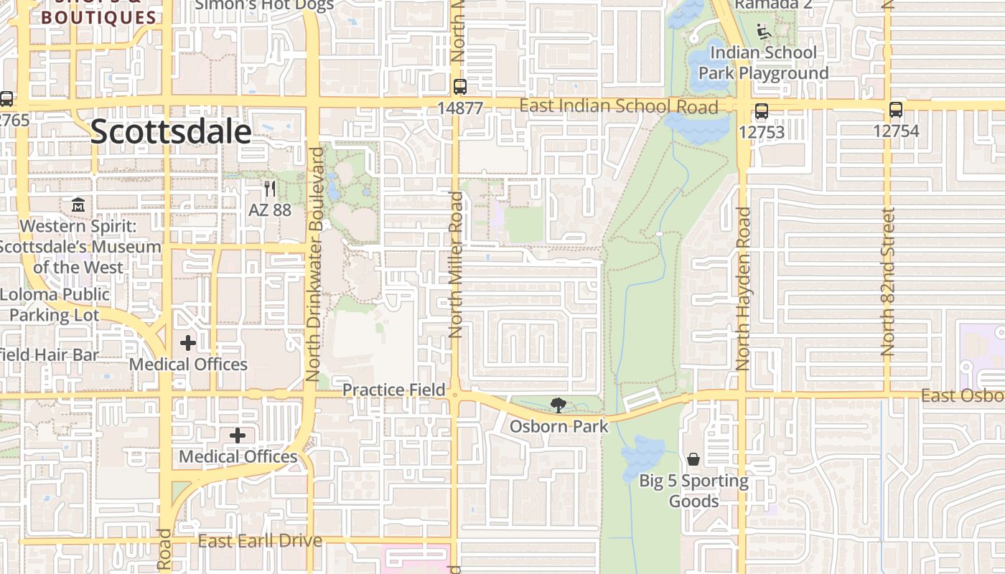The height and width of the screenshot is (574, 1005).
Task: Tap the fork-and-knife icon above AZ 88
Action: coord(270,189)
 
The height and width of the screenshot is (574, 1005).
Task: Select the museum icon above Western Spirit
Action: coord(78,205)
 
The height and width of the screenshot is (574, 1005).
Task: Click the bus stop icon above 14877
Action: coord(460,87)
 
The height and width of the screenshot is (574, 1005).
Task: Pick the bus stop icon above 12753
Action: coord(761,111)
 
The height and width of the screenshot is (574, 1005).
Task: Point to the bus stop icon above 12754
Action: coord(895,110)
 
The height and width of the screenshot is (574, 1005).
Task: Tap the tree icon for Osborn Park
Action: coord(558,405)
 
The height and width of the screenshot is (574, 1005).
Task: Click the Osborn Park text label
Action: coord(558,426)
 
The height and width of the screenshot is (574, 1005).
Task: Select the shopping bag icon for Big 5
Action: coord(693,459)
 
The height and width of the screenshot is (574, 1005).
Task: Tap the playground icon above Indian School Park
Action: coord(764,32)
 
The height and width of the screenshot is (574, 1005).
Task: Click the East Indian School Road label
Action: coord(618,106)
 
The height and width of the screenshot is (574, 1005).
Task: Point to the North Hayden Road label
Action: coord(743,288)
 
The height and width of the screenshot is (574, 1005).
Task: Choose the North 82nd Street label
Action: coord(888,282)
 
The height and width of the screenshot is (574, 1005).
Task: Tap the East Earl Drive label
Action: coord(260,540)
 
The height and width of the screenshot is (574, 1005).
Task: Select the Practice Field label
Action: coord(393,390)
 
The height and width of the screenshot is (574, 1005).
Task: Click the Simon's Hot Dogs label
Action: coord(264,5)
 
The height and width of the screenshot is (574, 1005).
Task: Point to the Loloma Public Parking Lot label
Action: coord(55,304)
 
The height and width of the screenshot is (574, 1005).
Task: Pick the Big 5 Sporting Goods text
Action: coord(693,491)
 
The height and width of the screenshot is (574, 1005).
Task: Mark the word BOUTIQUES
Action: coord(98,18)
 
